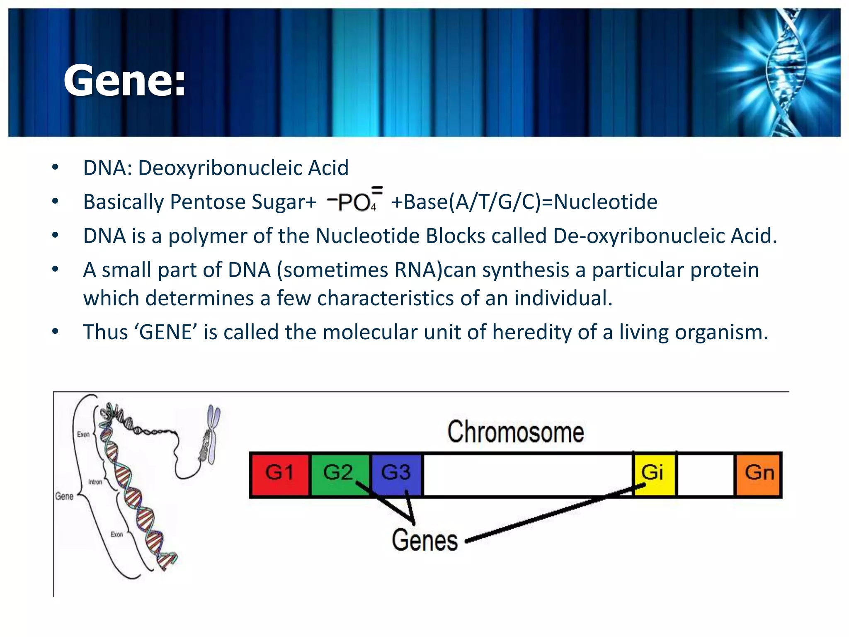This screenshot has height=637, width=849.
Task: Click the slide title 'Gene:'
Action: (124, 81)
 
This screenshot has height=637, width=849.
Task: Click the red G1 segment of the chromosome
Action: (280, 474)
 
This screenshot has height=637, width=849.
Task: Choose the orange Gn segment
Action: (759, 474)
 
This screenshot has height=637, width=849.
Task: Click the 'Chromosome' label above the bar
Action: (515, 432)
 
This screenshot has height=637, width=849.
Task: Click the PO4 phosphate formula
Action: (355, 201)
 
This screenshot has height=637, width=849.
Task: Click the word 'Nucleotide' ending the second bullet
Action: (605, 202)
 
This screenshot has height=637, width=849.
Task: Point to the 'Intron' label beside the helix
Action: (95, 482)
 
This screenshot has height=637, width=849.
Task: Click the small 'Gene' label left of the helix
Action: (64, 496)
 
